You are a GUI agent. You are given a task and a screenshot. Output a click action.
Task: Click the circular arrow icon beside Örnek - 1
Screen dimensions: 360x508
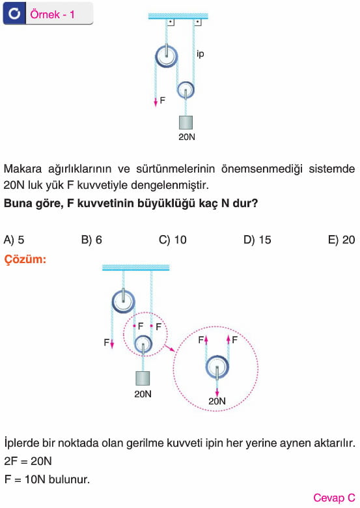click(14, 14)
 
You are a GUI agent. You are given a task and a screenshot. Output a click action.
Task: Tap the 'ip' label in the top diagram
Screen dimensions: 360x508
click(200, 53)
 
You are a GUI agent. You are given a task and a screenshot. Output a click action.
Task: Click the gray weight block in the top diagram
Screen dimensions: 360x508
click(186, 123)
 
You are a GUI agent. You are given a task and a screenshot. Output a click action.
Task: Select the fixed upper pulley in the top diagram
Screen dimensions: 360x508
click(167, 57)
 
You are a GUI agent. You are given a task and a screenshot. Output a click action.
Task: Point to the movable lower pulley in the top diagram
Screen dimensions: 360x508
click(186, 90)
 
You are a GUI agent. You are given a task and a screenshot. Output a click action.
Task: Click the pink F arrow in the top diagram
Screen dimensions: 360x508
click(156, 102)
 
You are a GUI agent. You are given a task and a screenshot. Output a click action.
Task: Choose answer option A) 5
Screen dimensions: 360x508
click(14, 240)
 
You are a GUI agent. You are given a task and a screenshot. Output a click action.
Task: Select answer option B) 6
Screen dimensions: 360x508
click(92, 240)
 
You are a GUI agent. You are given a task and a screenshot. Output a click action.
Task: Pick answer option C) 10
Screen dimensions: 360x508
click(173, 240)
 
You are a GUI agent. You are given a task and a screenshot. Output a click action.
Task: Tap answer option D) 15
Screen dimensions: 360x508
click(257, 240)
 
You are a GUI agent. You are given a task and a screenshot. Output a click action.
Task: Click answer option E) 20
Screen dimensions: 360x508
click(342, 240)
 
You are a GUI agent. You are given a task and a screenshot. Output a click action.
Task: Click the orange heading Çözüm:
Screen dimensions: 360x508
click(25, 259)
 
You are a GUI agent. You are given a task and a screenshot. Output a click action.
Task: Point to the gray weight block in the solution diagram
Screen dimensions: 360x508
click(143, 378)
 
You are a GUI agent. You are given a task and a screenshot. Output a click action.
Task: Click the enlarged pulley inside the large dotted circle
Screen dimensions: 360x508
click(217, 367)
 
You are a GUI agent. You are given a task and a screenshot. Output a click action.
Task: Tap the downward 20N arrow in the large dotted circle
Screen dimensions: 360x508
click(217, 388)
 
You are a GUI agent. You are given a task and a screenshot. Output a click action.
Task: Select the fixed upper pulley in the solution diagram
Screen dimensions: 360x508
click(123, 301)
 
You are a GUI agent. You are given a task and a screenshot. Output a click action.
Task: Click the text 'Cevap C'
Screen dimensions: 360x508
click(334, 498)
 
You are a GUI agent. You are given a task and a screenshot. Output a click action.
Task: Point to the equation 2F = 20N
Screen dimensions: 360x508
click(28, 461)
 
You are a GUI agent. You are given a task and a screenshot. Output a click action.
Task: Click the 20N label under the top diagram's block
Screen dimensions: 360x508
click(187, 137)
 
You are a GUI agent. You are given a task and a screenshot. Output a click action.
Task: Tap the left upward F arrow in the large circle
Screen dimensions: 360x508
click(206, 340)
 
